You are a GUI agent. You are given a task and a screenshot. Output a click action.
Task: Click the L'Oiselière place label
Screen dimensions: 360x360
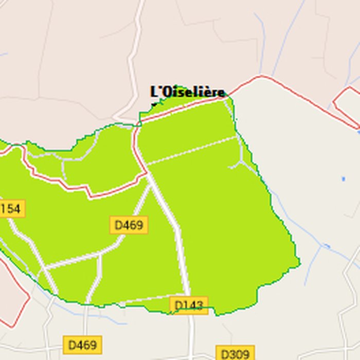point(188,92)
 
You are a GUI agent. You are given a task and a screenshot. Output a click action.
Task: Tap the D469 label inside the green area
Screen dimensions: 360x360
point(129,225)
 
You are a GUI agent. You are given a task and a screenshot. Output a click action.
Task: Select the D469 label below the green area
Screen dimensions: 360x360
point(82,345)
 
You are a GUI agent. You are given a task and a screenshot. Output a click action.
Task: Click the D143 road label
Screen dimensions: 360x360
point(189,305)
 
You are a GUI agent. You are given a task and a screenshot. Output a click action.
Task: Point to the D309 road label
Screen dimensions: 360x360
point(235,354)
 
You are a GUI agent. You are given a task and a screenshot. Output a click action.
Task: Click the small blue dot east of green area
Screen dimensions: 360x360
point(344,179)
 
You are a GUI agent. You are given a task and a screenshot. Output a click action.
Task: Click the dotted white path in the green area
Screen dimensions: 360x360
point(193,151)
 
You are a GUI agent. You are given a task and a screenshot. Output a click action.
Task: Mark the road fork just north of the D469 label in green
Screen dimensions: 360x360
point(149,177)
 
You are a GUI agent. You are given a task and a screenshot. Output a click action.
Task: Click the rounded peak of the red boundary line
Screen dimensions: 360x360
point(262,77)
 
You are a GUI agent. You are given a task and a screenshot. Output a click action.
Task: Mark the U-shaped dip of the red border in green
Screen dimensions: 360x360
point(91,194)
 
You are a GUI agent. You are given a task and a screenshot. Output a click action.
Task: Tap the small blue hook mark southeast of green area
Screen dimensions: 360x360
point(326,247)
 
